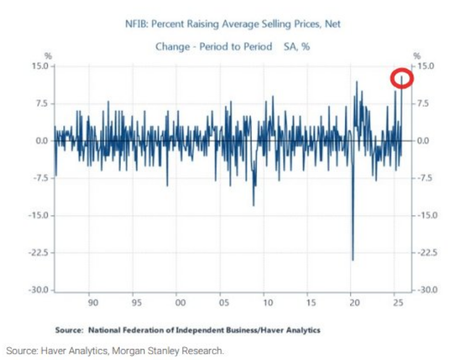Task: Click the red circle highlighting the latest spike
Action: point(403,78)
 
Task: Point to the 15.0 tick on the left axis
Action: point(40,66)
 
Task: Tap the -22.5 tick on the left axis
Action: point(38,253)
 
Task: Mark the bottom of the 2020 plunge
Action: point(353,259)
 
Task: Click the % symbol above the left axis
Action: point(48,56)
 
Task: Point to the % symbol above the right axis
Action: point(417,56)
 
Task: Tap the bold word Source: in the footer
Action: point(69,330)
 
